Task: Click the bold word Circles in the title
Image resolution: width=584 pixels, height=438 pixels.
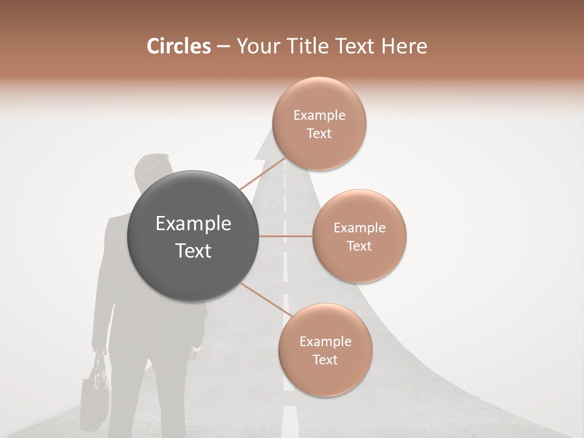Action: tap(179, 46)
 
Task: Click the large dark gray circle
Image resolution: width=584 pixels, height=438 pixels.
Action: tap(193, 236)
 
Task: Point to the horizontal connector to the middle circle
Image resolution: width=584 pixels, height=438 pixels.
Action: tap(286, 235)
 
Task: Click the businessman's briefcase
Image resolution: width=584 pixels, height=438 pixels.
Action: tap(94, 389)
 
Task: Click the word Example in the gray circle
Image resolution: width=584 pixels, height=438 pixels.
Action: tap(193, 224)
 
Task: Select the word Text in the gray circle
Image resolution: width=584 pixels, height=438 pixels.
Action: tap(193, 251)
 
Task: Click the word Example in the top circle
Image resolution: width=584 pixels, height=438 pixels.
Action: tap(319, 116)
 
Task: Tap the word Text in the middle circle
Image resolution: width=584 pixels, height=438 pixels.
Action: tap(359, 246)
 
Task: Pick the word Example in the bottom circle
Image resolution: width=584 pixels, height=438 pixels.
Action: tap(325, 341)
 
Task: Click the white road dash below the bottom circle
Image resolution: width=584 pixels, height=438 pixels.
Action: tap(288, 420)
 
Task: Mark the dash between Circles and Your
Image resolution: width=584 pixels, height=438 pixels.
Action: tap(223, 47)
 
